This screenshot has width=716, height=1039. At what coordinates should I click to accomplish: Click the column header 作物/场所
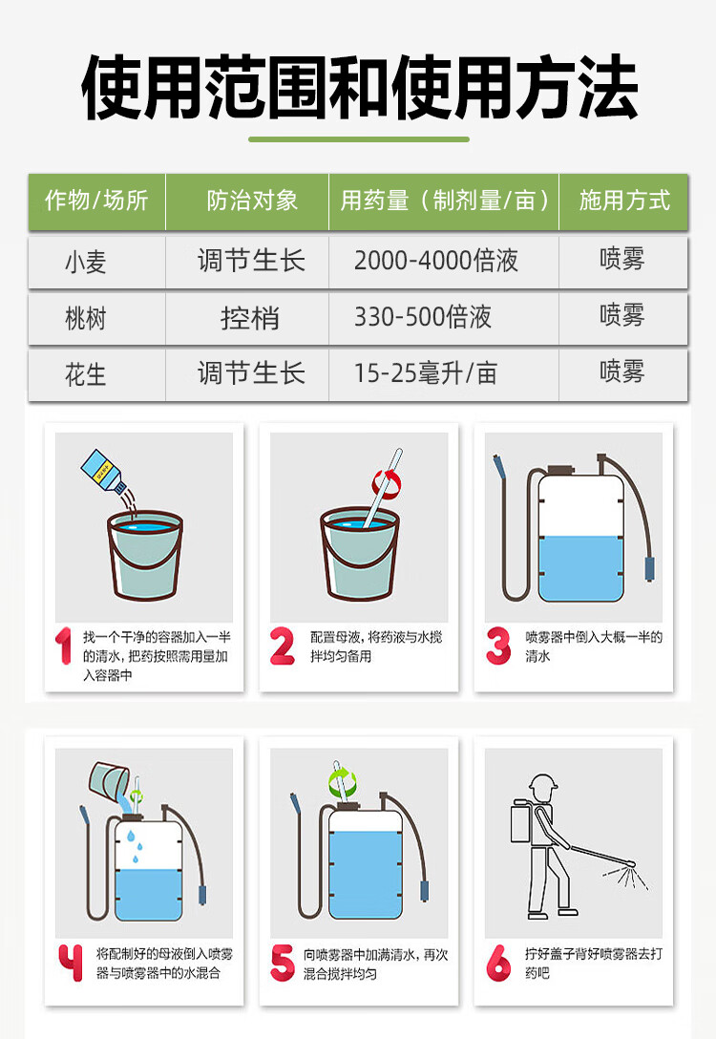pyautogui.click(x=96, y=201)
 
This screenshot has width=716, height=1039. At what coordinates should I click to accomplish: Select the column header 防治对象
pyautogui.click(x=252, y=201)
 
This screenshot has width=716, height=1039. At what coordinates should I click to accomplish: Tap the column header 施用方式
pyautogui.click(x=624, y=201)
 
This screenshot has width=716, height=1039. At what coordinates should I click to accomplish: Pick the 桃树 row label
pyautogui.click(x=86, y=319)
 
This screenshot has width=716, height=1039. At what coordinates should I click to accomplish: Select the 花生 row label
pyautogui.click(x=86, y=375)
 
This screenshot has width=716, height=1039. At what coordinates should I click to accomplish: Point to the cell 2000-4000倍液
pyautogui.click(x=436, y=261)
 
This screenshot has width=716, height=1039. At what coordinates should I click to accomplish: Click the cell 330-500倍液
pyautogui.click(x=423, y=317)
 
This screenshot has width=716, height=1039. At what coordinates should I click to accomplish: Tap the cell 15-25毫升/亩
pyautogui.click(x=425, y=373)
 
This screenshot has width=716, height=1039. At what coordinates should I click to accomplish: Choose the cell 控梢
pyautogui.click(x=250, y=318)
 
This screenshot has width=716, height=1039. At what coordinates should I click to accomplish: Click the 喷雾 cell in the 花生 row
pyautogui.click(x=621, y=371)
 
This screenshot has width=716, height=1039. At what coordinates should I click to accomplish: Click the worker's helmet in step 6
pyautogui.click(x=543, y=782)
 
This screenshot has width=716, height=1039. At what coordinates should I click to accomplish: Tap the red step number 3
pyautogui.click(x=498, y=647)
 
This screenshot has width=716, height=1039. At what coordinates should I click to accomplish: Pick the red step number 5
pyautogui.click(x=283, y=963)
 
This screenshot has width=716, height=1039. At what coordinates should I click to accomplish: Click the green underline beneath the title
pyautogui.click(x=359, y=139)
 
